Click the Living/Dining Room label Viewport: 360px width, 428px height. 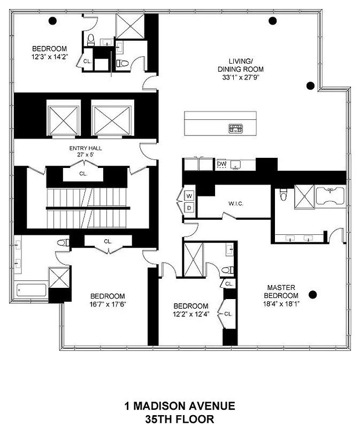240,65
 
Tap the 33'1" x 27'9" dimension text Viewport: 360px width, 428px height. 240,77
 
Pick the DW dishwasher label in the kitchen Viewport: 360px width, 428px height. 221,164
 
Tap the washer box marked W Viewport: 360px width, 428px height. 189,196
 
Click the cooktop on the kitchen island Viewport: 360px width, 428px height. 236,128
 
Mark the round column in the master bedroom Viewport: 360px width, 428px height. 313,294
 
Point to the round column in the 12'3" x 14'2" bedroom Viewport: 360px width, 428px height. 52,21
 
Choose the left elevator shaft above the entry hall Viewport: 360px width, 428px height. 64,119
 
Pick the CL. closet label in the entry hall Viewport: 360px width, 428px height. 83,173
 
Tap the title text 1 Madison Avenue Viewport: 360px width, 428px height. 180,407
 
